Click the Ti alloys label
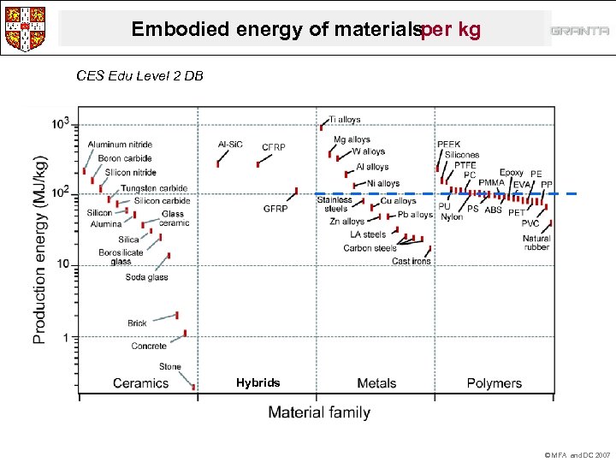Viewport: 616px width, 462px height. (345, 120)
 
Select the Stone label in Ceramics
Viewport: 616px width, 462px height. (169, 367)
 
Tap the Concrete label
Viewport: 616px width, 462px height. (149, 346)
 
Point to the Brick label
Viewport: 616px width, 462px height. (137, 323)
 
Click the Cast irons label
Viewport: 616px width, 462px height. (412, 262)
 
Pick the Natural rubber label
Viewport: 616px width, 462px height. (536, 243)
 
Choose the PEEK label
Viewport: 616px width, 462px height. (448, 145)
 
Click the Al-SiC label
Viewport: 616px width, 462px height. (231, 145)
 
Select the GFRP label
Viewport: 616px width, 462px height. (275, 209)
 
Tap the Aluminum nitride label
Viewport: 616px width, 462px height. (120, 145)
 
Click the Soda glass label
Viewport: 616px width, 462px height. (146, 277)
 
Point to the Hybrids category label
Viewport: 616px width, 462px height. (258, 382)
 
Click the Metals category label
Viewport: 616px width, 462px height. (376, 383)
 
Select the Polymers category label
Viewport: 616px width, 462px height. (494, 383)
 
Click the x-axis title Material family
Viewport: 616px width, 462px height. (319, 412)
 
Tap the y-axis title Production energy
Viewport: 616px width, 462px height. (40, 250)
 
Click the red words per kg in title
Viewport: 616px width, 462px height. (452, 30)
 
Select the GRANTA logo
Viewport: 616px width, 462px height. (579, 31)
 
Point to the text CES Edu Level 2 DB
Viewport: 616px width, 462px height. (139, 75)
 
